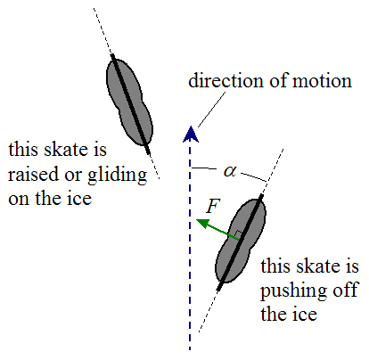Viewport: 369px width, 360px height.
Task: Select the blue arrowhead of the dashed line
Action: pyautogui.click(x=189, y=135)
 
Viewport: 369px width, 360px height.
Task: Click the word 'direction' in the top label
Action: pyautogui.click(x=223, y=81)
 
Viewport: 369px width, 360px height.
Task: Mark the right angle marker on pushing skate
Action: pyautogui.click(x=236, y=235)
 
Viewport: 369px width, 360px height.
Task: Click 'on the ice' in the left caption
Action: pyautogui.click(x=50, y=200)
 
